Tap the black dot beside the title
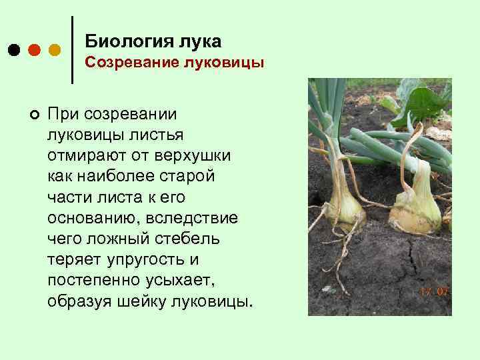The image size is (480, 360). pos(14,50)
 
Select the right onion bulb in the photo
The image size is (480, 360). pos(416,207)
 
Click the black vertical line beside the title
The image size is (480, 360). pos(72,50)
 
